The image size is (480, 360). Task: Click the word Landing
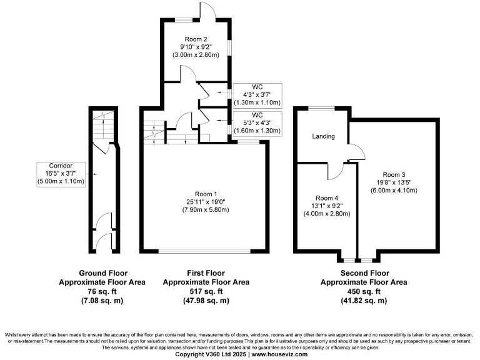[323, 136]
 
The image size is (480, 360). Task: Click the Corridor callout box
[61, 173]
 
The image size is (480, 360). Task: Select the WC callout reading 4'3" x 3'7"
[257, 94]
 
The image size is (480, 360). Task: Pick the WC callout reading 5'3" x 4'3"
[257, 123]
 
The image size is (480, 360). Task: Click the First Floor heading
[206, 273]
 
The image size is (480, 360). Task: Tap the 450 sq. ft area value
[364, 291]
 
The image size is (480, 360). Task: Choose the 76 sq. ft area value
[103, 291]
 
